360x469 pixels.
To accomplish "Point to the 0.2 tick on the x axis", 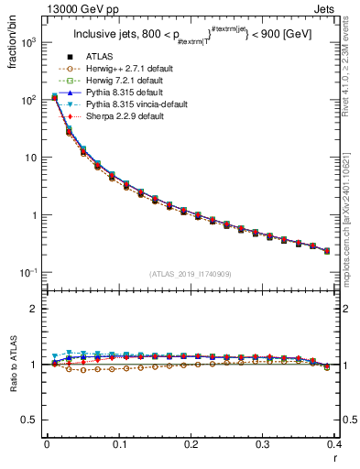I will pos(191,443).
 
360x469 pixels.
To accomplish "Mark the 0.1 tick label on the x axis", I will pos(119,443).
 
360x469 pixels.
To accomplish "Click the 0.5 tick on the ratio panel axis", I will pos(30,420).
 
